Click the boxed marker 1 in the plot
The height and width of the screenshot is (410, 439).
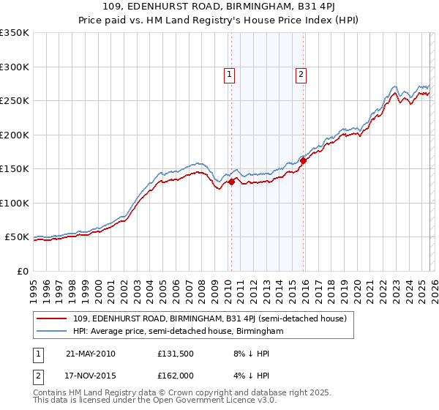point(230,73)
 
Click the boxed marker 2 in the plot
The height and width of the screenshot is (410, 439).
point(301,73)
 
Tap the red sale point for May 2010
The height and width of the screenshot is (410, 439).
point(231,182)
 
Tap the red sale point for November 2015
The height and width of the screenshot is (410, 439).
point(303,161)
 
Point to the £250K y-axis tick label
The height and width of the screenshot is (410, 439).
point(15,101)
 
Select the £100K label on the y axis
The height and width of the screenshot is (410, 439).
point(15,204)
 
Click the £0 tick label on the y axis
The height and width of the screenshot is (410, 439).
point(22,272)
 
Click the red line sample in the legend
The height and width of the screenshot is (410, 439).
point(53,318)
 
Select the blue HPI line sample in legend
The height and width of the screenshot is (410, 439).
point(53,332)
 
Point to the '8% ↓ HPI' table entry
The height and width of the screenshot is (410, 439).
point(247,354)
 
